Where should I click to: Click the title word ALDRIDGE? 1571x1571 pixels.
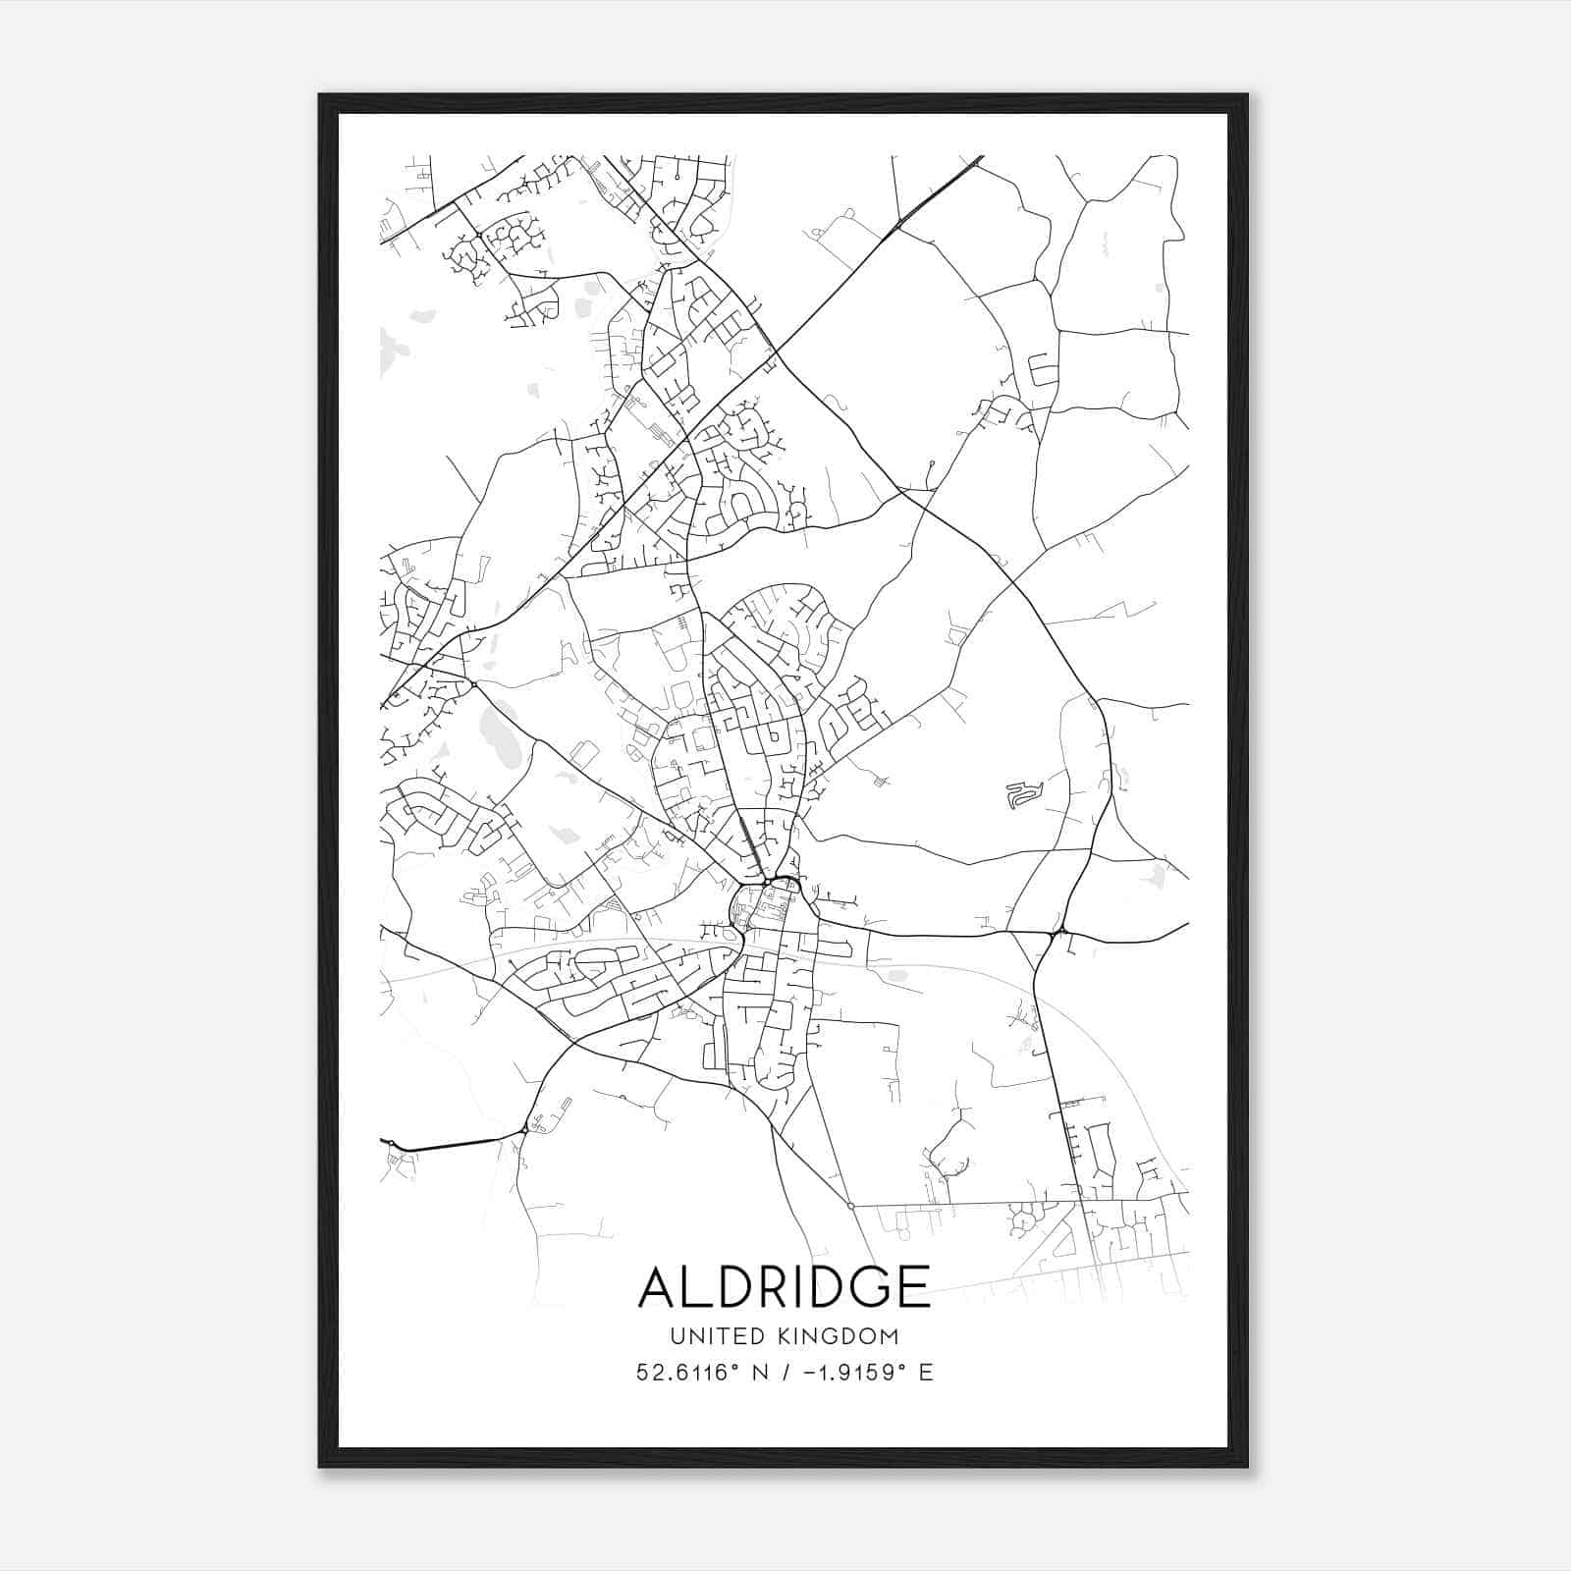785,1286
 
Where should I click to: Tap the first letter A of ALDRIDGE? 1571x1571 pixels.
660,1286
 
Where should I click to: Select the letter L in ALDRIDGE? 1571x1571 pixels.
699,1286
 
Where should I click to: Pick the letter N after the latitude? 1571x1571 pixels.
760,1373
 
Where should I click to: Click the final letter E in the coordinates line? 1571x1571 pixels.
926,1373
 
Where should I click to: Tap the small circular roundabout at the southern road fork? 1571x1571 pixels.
850,1206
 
